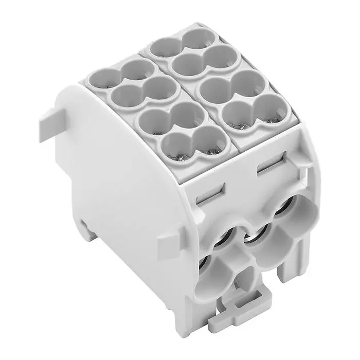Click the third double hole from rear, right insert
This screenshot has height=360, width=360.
(x=230, y=86)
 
